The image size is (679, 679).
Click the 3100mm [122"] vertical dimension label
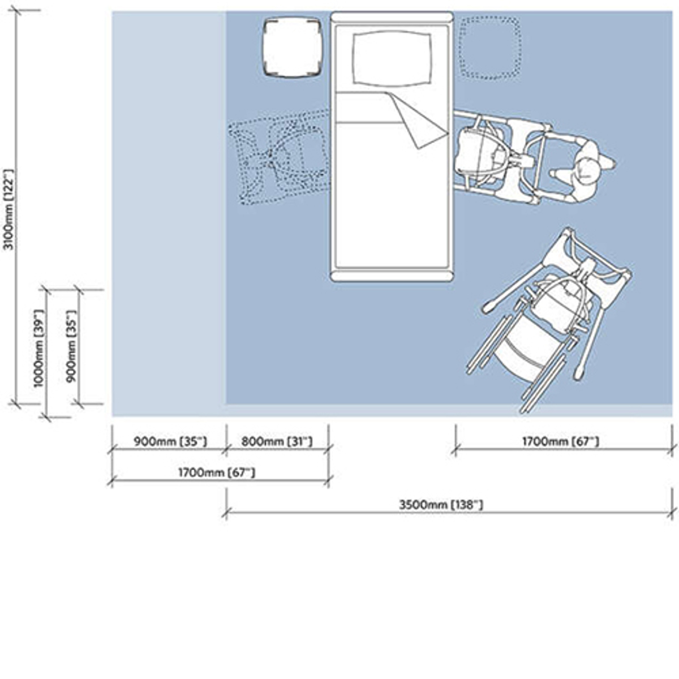[9, 210]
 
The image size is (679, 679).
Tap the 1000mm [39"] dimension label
[38, 348]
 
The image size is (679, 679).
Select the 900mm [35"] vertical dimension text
[71, 346]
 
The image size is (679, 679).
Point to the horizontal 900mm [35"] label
[170, 441]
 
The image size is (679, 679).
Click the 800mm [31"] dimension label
[277, 441]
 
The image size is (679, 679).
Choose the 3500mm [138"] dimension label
[441, 505]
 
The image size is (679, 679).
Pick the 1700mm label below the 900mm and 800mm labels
[216, 472]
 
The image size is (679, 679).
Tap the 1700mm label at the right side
[560, 441]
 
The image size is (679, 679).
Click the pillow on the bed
[392, 58]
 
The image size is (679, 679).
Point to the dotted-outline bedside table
[490, 47]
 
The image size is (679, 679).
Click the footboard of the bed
[392, 275]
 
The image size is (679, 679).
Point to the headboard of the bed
[392, 18]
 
